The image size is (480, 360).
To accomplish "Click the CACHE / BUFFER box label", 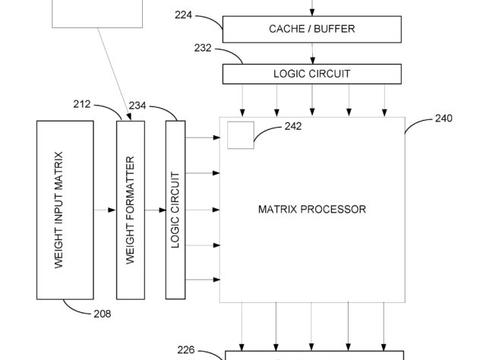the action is (312, 29).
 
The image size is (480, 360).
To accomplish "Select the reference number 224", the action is (183, 14).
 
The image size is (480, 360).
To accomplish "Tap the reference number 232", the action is (203, 48).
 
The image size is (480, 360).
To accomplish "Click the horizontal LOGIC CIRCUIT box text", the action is (312, 74).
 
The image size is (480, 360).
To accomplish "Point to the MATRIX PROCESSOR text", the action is (312, 210).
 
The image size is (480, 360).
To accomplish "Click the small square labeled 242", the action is (241, 135).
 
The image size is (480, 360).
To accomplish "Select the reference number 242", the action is (293, 126).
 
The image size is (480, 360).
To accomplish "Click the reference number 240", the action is (444, 118).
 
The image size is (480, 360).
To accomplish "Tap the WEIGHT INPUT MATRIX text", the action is (58, 210).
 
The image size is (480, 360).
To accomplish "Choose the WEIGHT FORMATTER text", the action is (130, 210).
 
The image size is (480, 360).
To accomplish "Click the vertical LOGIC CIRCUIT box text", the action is (175, 210).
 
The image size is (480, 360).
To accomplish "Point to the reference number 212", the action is (82, 104).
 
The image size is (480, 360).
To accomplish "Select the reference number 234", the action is (137, 106).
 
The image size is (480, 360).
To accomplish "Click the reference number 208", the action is (103, 314).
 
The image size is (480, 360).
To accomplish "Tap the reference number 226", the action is (186, 350).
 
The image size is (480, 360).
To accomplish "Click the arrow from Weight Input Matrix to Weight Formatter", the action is (105, 210).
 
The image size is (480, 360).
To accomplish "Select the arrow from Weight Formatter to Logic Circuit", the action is (155, 210).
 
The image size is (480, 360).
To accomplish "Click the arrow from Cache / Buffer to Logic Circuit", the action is (312, 54).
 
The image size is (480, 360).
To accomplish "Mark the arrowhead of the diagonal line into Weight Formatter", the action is (129, 117).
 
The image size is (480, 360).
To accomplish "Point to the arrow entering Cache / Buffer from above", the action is (312, 8).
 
